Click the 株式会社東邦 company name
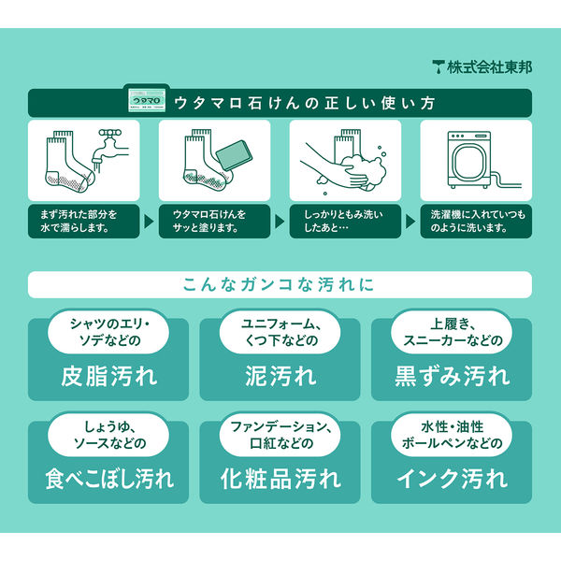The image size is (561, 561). pyautogui.click(x=489, y=67)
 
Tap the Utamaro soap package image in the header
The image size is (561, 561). pyautogui.click(x=147, y=101)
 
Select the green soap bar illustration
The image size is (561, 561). pyautogui.click(x=235, y=154)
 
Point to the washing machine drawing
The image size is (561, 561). pyautogui.click(x=469, y=160)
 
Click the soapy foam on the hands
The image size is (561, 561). pyautogui.click(x=364, y=169)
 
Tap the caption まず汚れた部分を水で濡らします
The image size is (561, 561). pyautogui.click(x=79, y=221)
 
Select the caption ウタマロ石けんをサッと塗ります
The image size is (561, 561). pyautogui.click(x=209, y=221)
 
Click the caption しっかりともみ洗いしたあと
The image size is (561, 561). pyautogui.click(x=343, y=221)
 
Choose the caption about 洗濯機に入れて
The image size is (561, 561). pyautogui.click(x=478, y=221)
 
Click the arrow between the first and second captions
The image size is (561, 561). pyautogui.click(x=149, y=222)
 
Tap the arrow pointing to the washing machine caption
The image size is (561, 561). pyautogui.click(x=410, y=222)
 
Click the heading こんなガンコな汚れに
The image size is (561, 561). pyautogui.click(x=279, y=285)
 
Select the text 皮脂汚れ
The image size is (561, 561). pyautogui.click(x=109, y=377)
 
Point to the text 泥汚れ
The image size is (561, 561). pyautogui.click(x=280, y=377)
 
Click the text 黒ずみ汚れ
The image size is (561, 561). pyautogui.click(x=453, y=377)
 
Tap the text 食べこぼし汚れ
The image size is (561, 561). pyautogui.click(x=109, y=479)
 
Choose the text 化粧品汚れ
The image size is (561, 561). pyautogui.click(x=280, y=479)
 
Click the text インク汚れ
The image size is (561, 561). pyautogui.click(x=453, y=479)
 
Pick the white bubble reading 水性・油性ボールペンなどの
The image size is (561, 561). pyautogui.click(x=452, y=435)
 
